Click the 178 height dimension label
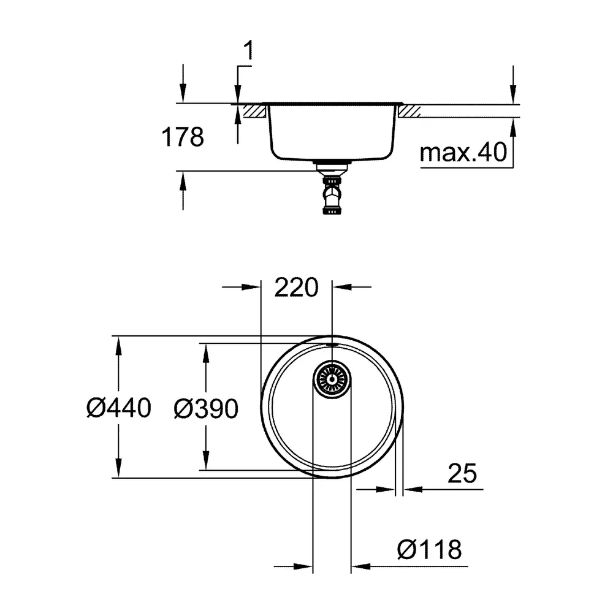[x=183, y=137]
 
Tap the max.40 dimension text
[x=463, y=153]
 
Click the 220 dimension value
[x=296, y=287]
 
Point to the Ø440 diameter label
[x=118, y=408]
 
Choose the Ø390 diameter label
[x=206, y=409]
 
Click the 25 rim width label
[x=462, y=473]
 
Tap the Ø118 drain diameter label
[x=429, y=550]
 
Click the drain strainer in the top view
[x=332, y=379]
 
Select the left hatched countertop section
[x=254, y=111]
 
